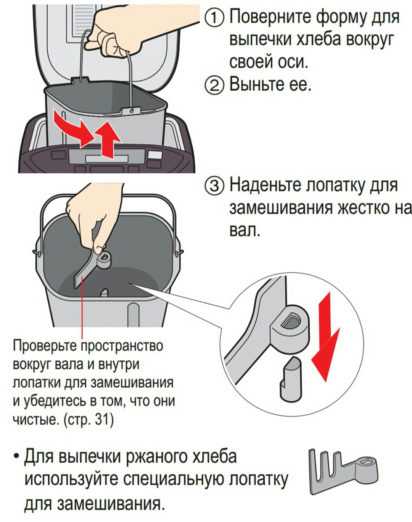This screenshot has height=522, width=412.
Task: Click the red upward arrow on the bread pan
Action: pos(107,139)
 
